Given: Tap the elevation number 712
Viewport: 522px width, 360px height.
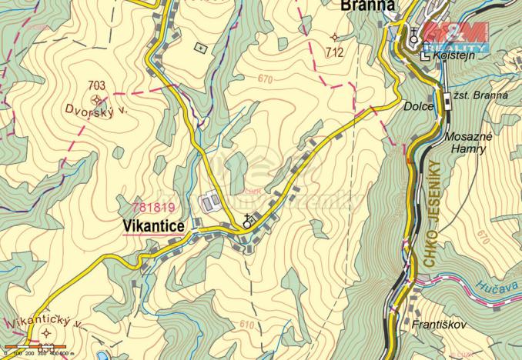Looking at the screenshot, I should pos(334,53).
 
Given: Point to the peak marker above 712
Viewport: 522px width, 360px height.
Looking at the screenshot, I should pos(334,37).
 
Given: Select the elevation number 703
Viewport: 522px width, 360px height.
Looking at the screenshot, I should pos(96,85).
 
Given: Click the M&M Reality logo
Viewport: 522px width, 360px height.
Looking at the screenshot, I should pos(457,35).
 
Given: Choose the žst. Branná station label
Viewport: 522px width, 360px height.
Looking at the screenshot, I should pos(481,95).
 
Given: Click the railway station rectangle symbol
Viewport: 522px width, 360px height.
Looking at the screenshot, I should pos(447,97).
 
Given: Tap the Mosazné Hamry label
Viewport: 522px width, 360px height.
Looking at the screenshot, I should pos(467,142).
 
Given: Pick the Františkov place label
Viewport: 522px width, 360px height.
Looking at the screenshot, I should pos(439,324).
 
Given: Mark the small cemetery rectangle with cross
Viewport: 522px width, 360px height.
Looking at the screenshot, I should pos(202,48).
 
